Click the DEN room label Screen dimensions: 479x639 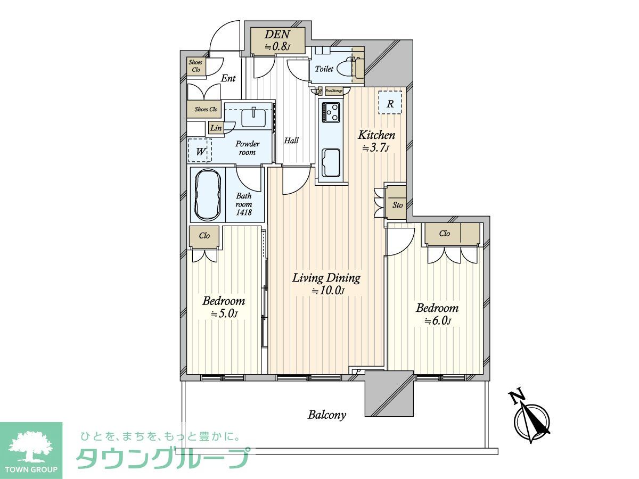(x=277, y=40)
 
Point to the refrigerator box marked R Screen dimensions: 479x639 (x=390, y=103)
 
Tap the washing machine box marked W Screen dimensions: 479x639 (x=200, y=151)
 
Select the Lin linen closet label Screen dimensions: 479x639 (x=216, y=128)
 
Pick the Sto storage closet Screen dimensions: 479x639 (x=397, y=204)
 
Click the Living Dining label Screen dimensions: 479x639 (x=326, y=284)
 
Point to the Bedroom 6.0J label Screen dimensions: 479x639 (x=437, y=314)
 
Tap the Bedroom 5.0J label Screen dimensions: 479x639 (x=224, y=307)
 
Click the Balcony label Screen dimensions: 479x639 (x=327, y=415)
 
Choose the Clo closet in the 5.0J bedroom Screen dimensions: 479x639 (x=204, y=236)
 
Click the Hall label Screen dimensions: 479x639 (x=291, y=141)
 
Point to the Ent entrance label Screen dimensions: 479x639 (x=228, y=79)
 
